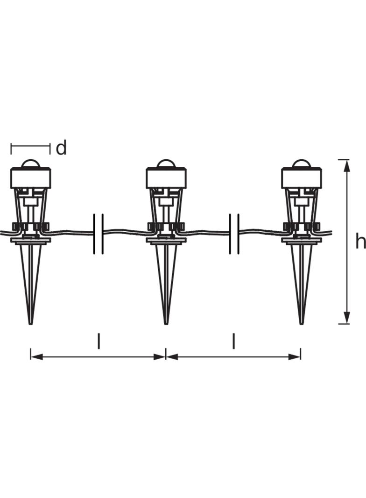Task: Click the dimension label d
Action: [61, 148]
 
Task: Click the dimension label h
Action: [360, 242]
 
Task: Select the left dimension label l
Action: [99, 341]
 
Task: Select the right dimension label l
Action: [233, 341]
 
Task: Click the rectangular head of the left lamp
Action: [30, 178]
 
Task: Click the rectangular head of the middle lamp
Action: [166, 178]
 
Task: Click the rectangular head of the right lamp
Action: [301, 178]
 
